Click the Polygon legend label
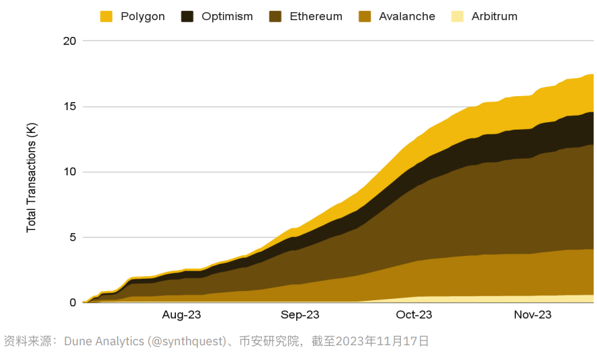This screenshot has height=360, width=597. point(142,16)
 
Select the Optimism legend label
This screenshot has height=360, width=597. point(227,16)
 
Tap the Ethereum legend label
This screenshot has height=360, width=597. point(316,16)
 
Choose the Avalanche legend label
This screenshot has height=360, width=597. point(407,16)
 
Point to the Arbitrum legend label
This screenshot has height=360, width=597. point(494,16)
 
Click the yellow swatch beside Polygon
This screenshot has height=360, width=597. point(106,16)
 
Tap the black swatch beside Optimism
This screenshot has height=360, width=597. point(187,16)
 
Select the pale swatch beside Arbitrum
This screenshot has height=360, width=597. point(457,16)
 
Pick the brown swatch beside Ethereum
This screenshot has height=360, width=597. point(275,16)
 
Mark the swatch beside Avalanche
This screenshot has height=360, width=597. point(365,16)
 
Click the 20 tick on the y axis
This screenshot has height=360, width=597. point(70,41)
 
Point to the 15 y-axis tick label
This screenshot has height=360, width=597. point(70,106)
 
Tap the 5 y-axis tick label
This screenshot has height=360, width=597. point(73,237)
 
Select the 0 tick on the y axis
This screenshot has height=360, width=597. point(73,302)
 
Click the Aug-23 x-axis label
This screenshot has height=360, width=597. point(181,315)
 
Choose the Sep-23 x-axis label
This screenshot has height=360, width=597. point(300,315)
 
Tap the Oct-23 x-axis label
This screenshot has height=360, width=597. point(414,315)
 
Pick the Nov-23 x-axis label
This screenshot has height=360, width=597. point(532,315)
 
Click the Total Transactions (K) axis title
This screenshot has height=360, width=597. point(32,178)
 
